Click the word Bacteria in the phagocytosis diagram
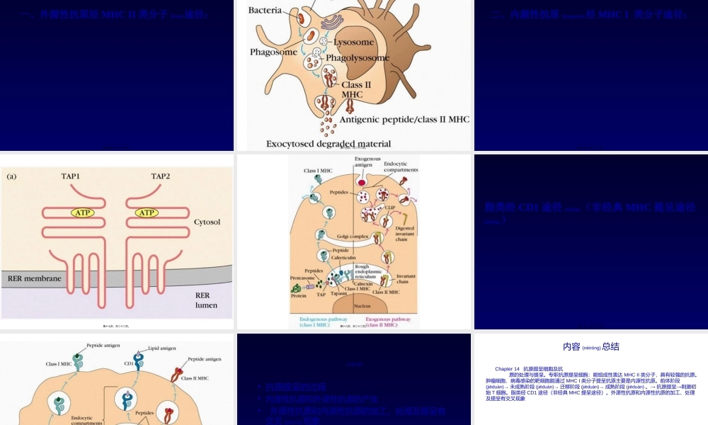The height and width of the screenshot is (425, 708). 265,11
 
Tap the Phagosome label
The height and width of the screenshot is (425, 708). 273,52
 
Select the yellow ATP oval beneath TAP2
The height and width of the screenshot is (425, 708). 147,212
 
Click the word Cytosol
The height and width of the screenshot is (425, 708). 207,222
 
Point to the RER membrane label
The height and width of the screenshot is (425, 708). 34,278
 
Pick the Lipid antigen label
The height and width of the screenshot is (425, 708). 161,348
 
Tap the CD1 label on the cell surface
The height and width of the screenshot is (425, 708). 128,364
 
